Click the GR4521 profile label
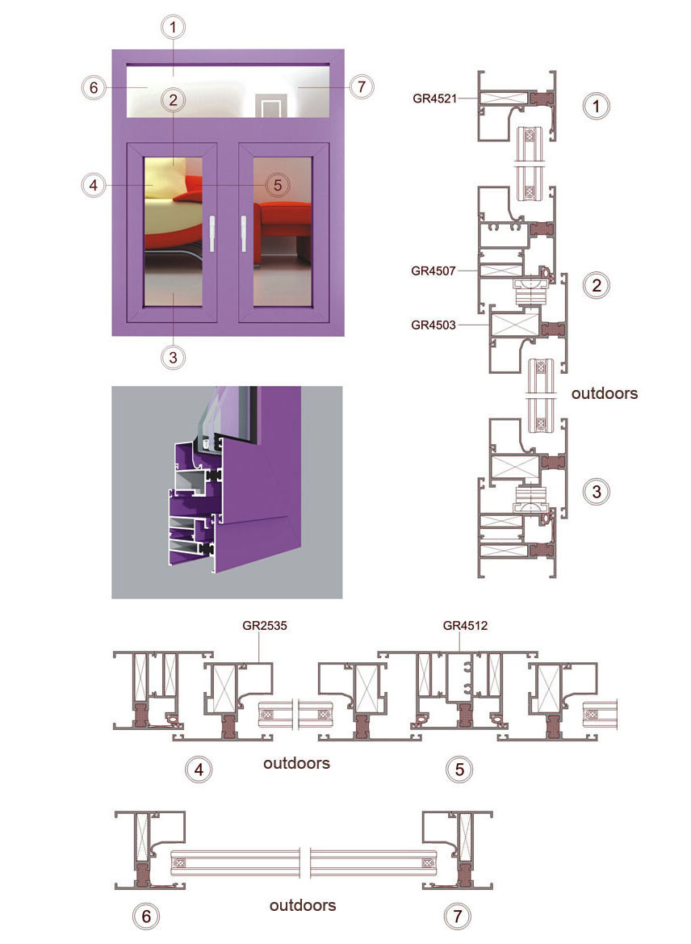434,99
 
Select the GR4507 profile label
433,271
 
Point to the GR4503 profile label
433,325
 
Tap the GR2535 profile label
265,626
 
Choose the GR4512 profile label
465,626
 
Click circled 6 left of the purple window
94,88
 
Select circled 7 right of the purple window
361,86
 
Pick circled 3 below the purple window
174,358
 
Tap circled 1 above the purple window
174,27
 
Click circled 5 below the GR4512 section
460,770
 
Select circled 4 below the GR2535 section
199,770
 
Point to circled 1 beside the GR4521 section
597,107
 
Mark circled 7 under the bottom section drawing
458,917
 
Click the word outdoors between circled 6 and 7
303,905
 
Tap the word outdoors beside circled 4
297,763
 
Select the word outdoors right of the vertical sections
605,394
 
